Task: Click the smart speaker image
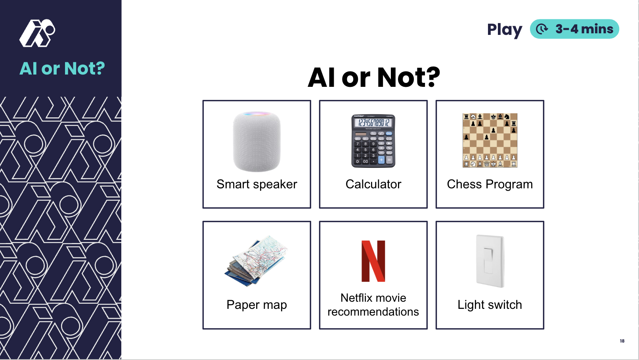pyautogui.click(x=257, y=142)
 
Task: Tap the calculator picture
pyautogui.click(x=373, y=141)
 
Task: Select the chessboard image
pyautogui.click(x=490, y=140)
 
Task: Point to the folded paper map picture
pyautogui.click(x=256, y=260)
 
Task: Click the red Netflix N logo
pyautogui.click(x=373, y=261)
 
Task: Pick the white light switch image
pyautogui.click(x=490, y=261)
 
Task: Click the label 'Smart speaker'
pyautogui.click(x=257, y=184)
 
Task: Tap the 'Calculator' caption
pyautogui.click(x=373, y=184)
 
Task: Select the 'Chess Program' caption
pyautogui.click(x=490, y=184)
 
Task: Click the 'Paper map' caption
pyautogui.click(x=257, y=305)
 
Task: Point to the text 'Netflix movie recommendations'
pyautogui.click(x=373, y=305)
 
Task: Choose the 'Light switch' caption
pyautogui.click(x=490, y=305)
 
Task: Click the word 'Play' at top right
pyautogui.click(x=505, y=30)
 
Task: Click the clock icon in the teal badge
pyautogui.click(x=542, y=29)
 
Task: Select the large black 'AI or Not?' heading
pyautogui.click(x=374, y=77)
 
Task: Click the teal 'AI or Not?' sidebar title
pyautogui.click(x=62, y=69)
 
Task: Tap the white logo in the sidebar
pyautogui.click(x=37, y=33)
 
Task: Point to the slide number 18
pyautogui.click(x=622, y=341)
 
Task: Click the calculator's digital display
pyautogui.click(x=373, y=123)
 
